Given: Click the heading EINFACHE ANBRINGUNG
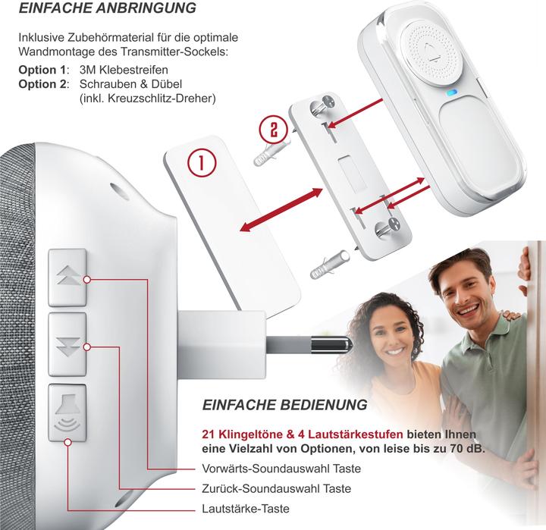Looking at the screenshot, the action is click(107, 8).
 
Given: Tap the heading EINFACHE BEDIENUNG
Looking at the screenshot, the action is click(284, 405).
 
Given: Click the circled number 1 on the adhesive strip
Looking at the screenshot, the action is click(202, 163).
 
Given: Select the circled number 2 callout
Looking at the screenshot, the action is click(274, 130).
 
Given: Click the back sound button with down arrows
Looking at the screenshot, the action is click(67, 344).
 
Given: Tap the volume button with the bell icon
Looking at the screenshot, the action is click(67, 413).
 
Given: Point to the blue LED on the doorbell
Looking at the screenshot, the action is click(452, 93).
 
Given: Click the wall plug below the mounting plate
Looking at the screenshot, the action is click(329, 265).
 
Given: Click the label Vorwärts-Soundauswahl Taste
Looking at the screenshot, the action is click(281, 469).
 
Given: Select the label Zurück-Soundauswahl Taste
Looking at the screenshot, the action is click(277, 488).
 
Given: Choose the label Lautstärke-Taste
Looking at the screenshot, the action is click(246, 509).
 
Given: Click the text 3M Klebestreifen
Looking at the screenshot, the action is click(124, 70).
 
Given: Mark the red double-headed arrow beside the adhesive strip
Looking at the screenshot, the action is click(281, 209).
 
